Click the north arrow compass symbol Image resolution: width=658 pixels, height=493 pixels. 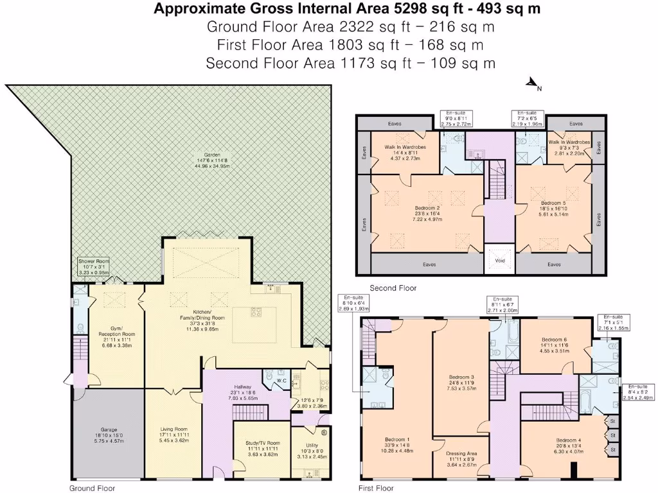coord(533,83)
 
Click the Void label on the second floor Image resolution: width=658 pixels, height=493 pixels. coord(500,260)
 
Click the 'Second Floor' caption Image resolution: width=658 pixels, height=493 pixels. coord(393,288)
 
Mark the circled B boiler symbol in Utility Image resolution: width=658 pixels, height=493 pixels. coord(323,432)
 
